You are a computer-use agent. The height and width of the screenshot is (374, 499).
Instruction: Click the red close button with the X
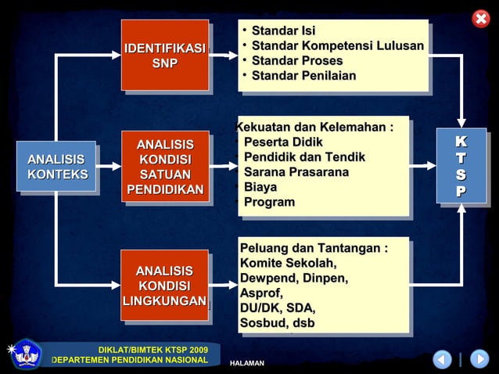coord(481,19)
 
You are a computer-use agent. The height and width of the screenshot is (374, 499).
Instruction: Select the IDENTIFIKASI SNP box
coord(164,55)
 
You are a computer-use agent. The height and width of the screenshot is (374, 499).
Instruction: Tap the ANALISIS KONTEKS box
coord(57,167)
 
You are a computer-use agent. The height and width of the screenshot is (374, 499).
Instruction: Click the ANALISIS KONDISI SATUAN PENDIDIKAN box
coord(165,167)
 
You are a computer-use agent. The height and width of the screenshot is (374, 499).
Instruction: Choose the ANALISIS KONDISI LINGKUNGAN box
coord(164,286)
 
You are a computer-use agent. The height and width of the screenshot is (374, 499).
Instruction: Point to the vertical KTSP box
coord(461,166)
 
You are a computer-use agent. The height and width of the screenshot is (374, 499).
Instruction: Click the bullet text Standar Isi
coord(283,31)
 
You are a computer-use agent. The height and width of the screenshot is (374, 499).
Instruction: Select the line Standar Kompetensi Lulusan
coord(337,46)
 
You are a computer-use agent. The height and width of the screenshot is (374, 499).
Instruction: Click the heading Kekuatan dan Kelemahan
coord(314,128)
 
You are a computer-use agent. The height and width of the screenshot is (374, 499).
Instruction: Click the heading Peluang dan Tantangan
coord(314,248)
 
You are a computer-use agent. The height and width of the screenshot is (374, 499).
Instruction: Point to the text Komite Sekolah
coord(289,263)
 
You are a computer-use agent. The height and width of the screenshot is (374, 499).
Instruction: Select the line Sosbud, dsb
coord(278,322)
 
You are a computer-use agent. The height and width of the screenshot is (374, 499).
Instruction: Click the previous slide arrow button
coord(443,359)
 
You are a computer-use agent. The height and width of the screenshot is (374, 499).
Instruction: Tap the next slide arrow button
coord(479,359)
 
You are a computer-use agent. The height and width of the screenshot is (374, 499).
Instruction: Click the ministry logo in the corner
coord(27,354)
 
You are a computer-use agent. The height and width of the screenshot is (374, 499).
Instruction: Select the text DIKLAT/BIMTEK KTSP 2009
coord(153,349)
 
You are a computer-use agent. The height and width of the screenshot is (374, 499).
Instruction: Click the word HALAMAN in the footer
coord(247,364)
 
